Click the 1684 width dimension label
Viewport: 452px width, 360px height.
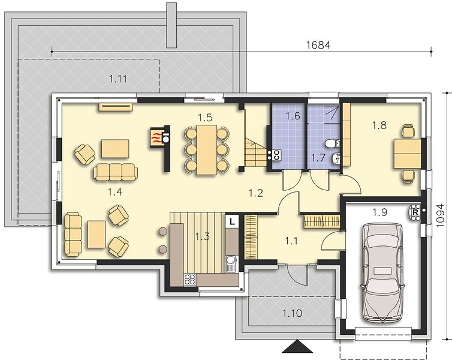[318, 45]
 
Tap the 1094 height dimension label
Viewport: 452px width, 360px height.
[440, 216]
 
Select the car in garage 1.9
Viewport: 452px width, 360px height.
[382, 272]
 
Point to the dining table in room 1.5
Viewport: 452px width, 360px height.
[207, 150]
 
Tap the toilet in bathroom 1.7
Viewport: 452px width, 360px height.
[333, 143]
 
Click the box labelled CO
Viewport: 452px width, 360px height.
[276, 155]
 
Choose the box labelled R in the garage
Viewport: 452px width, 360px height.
[415, 212]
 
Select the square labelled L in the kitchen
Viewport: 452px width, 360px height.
[232, 221]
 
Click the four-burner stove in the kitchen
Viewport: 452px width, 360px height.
[189, 280]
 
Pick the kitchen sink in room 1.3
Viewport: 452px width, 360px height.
[231, 264]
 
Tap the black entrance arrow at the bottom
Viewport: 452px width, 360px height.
[297, 346]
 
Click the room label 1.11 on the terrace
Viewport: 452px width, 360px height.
[118, 79]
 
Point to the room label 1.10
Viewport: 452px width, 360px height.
[293, 313]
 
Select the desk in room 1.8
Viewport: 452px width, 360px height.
[408, 153]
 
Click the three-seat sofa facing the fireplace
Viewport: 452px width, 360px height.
[116, 172]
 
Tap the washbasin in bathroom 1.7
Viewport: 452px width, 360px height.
[336, 158]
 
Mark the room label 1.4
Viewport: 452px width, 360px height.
[115, 191]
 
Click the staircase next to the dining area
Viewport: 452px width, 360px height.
[256, 152]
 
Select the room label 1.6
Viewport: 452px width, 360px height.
[293, 116]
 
